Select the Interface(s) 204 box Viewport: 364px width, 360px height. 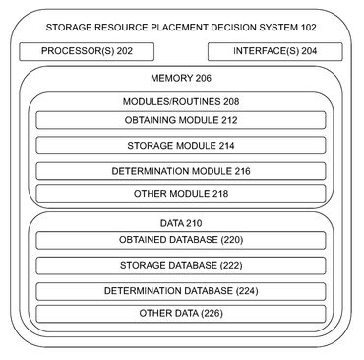277,50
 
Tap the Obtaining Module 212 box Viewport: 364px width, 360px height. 181,120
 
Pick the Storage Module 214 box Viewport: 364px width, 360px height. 181,145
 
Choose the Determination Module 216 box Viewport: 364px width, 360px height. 181,169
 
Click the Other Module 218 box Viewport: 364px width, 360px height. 181,193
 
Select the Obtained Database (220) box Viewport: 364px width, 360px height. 181,241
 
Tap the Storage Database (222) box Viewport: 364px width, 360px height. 181,266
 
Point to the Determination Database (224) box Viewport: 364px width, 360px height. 181,290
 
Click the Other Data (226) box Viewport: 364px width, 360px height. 181,314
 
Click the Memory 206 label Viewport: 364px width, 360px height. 181,77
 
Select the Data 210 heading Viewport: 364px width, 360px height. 181,223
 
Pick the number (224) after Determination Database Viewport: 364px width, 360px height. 248,290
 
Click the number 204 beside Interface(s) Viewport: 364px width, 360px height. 309,50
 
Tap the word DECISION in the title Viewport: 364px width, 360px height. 251,24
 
